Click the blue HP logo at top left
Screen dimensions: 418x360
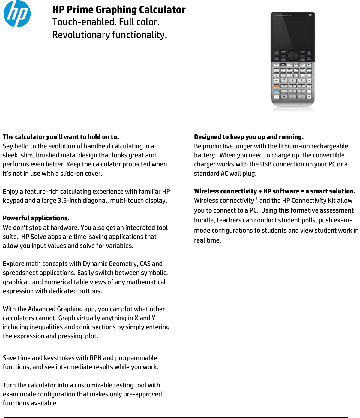pos(17,14)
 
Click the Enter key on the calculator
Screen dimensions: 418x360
pos(306,76)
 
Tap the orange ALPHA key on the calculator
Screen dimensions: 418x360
pos(276,86)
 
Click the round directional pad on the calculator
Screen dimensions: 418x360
pos(293,55)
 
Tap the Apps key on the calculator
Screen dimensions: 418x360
pos(277,52)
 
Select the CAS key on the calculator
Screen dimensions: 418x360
pos(309,58)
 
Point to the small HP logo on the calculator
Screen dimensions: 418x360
pos(310,15)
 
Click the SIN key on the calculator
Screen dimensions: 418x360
pos(283,70)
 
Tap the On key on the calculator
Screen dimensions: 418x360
pos(276,97)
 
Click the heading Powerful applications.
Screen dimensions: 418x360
pos(36,218)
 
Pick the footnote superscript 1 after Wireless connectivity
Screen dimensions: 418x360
pos(257,199)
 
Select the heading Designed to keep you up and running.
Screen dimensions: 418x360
pos(249,137)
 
